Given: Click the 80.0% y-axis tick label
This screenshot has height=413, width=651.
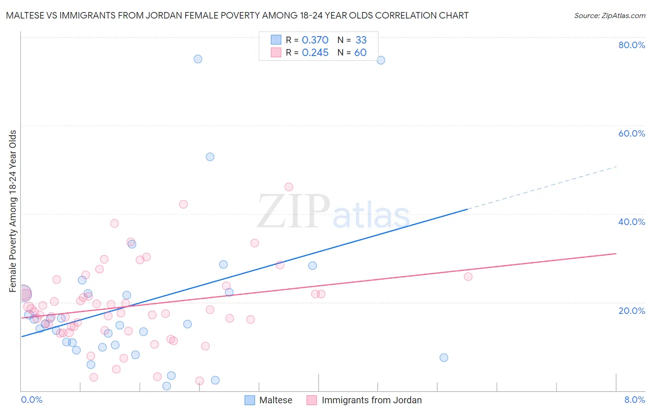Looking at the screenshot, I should pos(632,45).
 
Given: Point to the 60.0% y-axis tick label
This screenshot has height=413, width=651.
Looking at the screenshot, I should pos(632,133).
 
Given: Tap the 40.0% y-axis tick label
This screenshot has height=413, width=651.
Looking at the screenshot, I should pos(632,222).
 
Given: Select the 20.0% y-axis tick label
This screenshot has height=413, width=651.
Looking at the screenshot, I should pos(632,310).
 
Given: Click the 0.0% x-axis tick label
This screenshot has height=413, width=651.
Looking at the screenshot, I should pos(31,400).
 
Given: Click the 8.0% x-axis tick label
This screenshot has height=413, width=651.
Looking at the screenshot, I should pos(634,400).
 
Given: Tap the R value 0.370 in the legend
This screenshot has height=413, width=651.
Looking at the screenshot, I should pos(315,40).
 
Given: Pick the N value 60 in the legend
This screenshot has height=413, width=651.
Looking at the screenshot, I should pos(360,53).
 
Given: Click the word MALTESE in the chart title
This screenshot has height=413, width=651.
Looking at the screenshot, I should pos(27,15).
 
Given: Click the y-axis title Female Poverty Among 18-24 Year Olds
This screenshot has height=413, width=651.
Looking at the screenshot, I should pos(13,211).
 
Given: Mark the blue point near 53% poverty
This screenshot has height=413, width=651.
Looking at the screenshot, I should pos(210,157).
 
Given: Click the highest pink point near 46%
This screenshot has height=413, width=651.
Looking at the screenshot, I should pos(289,187).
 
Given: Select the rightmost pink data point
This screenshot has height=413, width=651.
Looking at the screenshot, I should pos(468,277).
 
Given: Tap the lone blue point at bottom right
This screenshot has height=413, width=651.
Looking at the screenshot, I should pos(444,357).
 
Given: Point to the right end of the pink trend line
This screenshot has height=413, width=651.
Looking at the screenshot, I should pos(615,254).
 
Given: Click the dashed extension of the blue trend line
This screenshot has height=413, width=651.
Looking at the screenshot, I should pos(542,188).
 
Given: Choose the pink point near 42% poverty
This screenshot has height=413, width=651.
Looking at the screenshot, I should pos(183,204).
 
